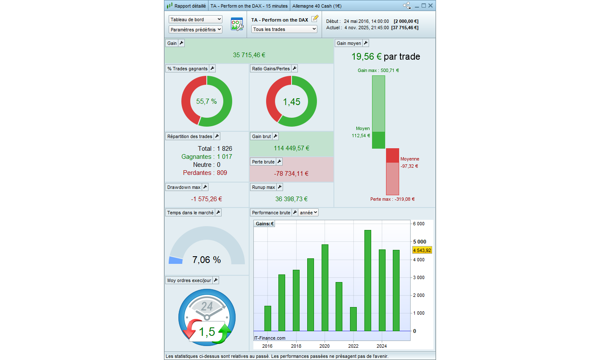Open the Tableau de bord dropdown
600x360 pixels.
pyautogui.click(x=195, y=19)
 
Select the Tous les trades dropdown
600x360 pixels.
pyautogui.click(x=284, y=29)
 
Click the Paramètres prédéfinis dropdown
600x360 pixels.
pyautogui.click(x=195, y=30)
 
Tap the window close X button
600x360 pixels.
pyautogui.click(x=431, y=6)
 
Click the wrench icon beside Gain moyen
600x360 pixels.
pyautogui.click(x=366, y=43)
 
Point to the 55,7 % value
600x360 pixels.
pyautogui.click(x=206, y=102)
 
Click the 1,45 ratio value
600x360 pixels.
pyautogui.click(x=292, y=102)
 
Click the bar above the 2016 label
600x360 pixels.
pyautogui.click(x=268, y=318)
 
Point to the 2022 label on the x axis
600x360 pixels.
pyautogui.click(x=353, y=346)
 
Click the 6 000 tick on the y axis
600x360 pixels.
pyautogui.click(x=419, y=224)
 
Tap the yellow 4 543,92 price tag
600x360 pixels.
pyautogui.click(x=422, y=250)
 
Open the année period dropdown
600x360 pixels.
pyautogui.click(x=308, y=213)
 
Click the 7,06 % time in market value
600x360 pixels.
pyautogui.click(x=206, y=260)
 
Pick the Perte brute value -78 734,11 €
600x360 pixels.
pyautogui.click(x=291, y=174)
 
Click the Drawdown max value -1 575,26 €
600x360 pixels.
pyautogui.click(x=206, y=199)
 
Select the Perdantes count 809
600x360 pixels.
pyautogui.click(x=222, y=173)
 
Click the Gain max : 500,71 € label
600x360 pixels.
pyautogui.click(x=378, y=70)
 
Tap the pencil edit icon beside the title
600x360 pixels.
pyautogui.click(x=315, y=19)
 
